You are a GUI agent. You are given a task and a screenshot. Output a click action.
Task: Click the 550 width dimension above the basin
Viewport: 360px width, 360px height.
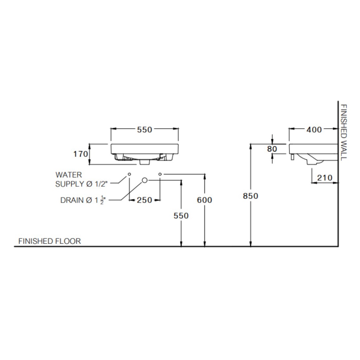(144, 130)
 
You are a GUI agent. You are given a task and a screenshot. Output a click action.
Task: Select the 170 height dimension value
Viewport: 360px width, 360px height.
(81, 154)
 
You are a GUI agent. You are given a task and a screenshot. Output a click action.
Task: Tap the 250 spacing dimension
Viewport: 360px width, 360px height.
(144, 200)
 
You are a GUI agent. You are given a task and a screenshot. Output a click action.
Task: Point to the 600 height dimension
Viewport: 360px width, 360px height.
(204, 200)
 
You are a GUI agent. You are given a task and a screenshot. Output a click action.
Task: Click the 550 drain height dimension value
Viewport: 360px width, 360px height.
(181, 216)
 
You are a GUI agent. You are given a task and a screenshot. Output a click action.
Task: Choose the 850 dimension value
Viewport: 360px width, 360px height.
(250, 196)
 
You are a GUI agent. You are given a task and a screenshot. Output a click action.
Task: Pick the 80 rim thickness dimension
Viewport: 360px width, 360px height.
(272, 149)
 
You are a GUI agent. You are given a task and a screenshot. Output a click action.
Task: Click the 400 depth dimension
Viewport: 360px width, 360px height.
(314, 130)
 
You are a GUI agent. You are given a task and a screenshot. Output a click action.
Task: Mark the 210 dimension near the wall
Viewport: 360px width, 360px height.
(324, 178)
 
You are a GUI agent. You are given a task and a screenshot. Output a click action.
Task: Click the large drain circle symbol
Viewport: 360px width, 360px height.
(144, 180)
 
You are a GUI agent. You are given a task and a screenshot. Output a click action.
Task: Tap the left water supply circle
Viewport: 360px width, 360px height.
(129, 174)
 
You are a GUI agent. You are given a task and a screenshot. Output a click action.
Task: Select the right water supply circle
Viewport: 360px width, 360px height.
(160, 174)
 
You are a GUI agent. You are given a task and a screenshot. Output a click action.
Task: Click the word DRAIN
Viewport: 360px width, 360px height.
(72, 200)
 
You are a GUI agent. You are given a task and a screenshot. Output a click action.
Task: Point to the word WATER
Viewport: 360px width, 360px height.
(69, 175)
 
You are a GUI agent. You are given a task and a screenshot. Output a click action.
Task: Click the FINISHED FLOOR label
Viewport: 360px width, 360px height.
(50, 241)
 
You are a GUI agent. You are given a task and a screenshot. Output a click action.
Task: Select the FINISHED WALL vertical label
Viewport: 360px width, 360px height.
(343, 133)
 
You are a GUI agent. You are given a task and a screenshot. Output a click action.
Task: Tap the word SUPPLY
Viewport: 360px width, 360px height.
(70, 184)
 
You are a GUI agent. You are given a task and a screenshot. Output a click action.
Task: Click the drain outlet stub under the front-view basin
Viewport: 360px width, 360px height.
(144, 162)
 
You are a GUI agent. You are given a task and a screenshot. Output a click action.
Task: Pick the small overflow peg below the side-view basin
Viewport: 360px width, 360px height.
(292, 157)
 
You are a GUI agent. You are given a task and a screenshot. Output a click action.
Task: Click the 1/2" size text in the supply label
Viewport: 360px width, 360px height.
(101, 184)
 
